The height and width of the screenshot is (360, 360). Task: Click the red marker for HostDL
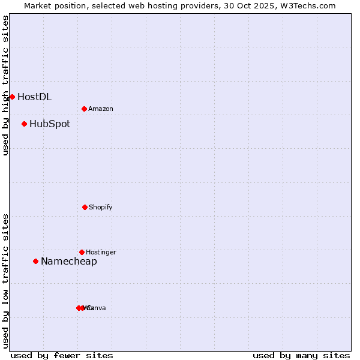click(x=12, y=97)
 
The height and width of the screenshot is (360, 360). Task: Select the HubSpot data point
click(x=24, y=124)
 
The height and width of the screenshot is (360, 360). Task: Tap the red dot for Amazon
click(x=84, y=109)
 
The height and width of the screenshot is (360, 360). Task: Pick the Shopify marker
click(x=85, y=207)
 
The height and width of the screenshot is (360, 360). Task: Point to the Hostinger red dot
click(x=82, y=252)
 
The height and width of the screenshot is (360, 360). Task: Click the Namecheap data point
click(x=35, y=261)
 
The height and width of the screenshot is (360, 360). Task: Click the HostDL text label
click(x=34, y=97)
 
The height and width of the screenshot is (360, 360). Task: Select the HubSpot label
click(x=50, y=124)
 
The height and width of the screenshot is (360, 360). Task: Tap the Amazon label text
click(x=101, y=109)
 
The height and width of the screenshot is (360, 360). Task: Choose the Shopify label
click(x=101, y=208)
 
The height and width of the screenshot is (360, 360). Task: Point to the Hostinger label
click(x=101, y=253)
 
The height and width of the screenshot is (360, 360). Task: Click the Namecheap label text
click(x=69, y=262)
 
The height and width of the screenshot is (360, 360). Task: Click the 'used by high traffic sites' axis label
click(x=5, y=86)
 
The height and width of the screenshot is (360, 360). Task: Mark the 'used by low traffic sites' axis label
click(x=5, y=281)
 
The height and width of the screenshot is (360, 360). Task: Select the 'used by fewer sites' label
click(x=62, y=355)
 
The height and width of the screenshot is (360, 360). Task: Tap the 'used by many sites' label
click(x=301, y=355)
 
